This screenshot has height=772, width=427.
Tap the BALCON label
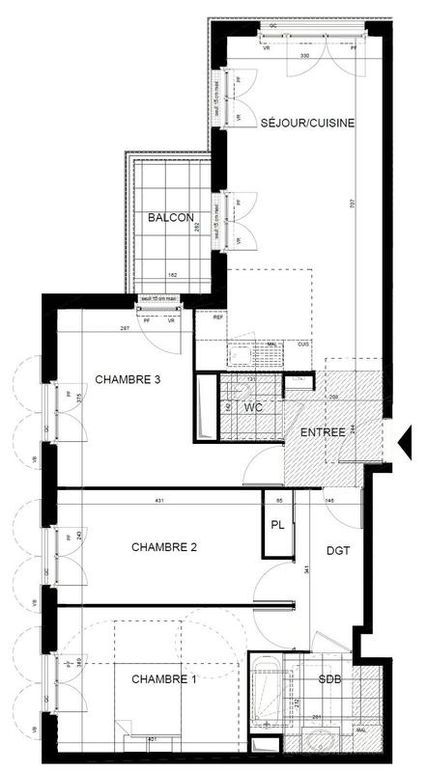point(171,218)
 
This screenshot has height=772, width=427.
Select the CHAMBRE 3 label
point(127,379)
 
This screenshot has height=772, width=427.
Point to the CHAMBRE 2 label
point(164,547)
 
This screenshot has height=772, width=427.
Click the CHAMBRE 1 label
point(164,679)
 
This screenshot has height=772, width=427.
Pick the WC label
point(253,408)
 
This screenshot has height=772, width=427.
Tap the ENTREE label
point(323,432)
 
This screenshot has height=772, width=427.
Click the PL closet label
point(277,526)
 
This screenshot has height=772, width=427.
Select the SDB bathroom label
point(329,681)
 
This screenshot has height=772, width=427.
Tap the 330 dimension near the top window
point(304,57)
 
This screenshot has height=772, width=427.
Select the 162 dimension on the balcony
point(171,276)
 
